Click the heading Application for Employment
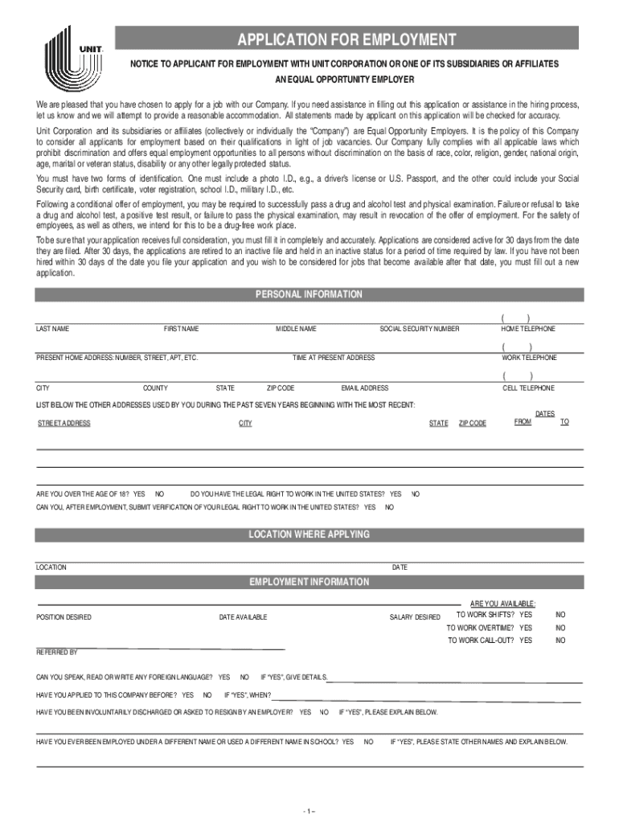pos(346,39)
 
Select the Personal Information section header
pos(309,295)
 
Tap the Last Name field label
pos(52,330)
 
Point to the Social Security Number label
pos(420,330)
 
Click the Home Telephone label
pos(528,330)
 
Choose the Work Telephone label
pos(529,358)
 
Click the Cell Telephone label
pos(528,388)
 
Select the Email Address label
pos(364,388)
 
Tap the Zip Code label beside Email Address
pos(281,388)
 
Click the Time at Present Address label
pos(333,358)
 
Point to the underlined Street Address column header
pos(64,424)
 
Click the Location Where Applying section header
pos(309,534)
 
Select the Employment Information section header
pos(309,582)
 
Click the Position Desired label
pos(64,617)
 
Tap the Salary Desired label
pos(415,617)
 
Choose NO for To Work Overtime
pos(560,628)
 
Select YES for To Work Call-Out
pos(526,641)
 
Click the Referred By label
pos(56,653)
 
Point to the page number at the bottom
pos(309,809)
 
